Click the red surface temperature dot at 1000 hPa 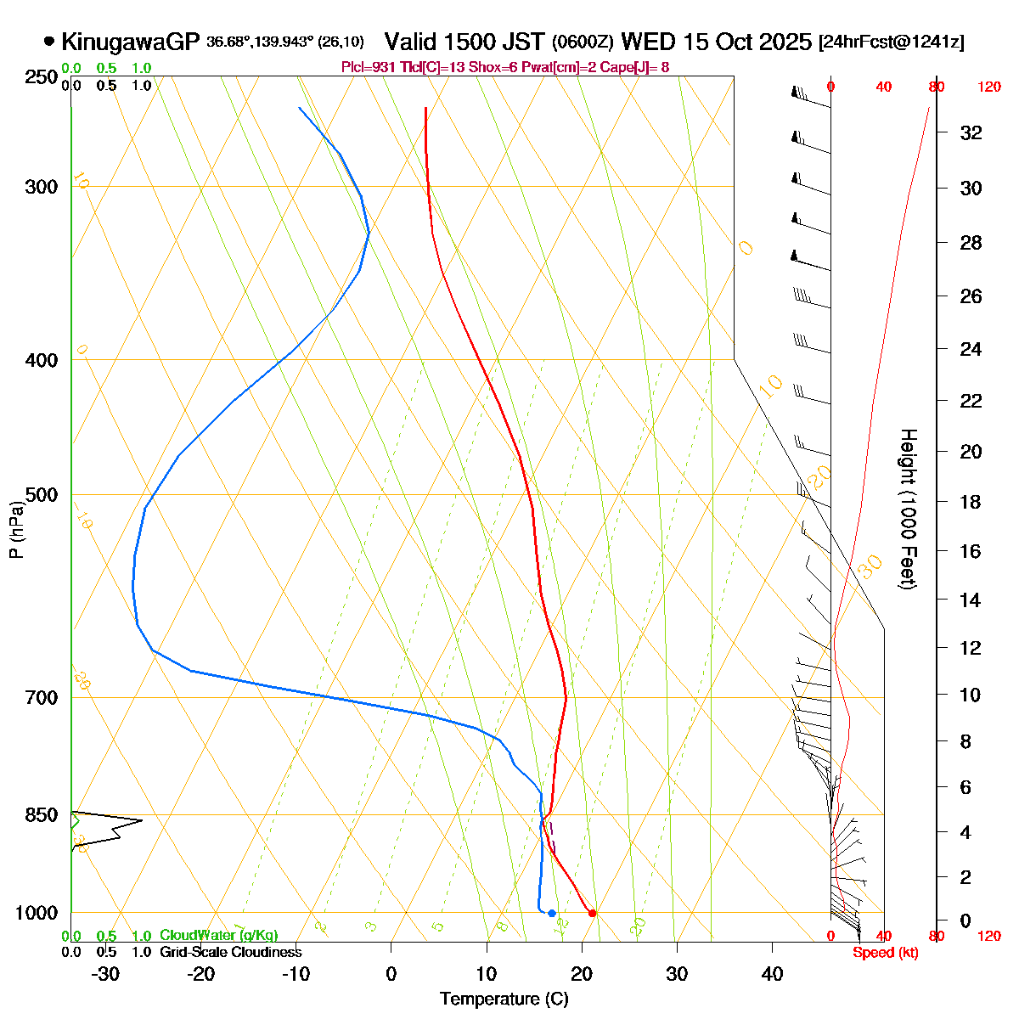coord(592,913)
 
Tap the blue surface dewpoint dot coord(552,913)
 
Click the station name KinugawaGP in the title coord(130,42)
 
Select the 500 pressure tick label coord(41,495)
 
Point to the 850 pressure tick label coord(41,815)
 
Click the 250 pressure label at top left coord(41,77)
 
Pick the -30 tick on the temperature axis coord(105,973)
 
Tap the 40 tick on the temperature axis coord(772,973)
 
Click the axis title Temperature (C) coord(504,999)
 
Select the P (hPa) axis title coord(15,531)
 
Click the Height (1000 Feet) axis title coord(908,509)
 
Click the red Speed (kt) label coord(886,953)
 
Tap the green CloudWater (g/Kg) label coord(218,936)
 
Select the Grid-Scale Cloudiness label coord(230,952)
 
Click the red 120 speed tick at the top coord(989,87)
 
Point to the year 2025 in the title coord(786,42)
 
